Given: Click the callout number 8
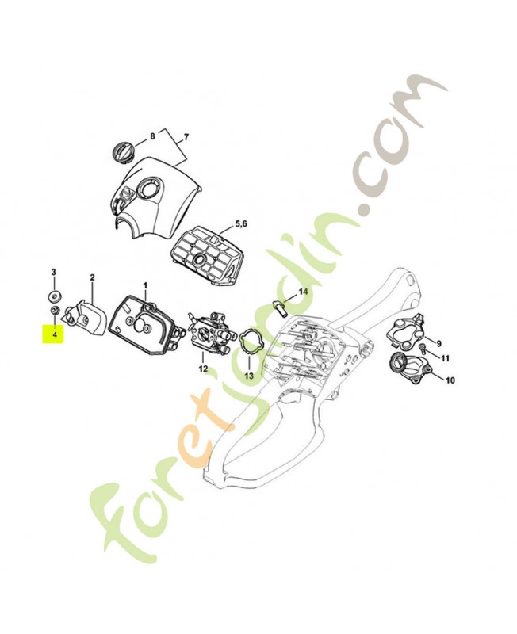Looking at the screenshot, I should pos(152,136).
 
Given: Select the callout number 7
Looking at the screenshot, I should pos(187,138).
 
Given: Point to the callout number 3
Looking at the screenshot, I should pos(54,272).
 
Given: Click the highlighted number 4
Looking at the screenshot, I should pos(54,335).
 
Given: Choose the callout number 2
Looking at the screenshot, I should pos(92,277).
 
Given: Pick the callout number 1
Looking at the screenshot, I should pos(145,285).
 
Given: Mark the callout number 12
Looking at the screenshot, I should pos(203,369).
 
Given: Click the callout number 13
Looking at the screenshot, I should pos(248,376).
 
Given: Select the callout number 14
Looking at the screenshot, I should pos(302,292).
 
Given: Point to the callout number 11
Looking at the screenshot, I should pos(446,357).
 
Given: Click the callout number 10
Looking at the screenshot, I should pos(450,380).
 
